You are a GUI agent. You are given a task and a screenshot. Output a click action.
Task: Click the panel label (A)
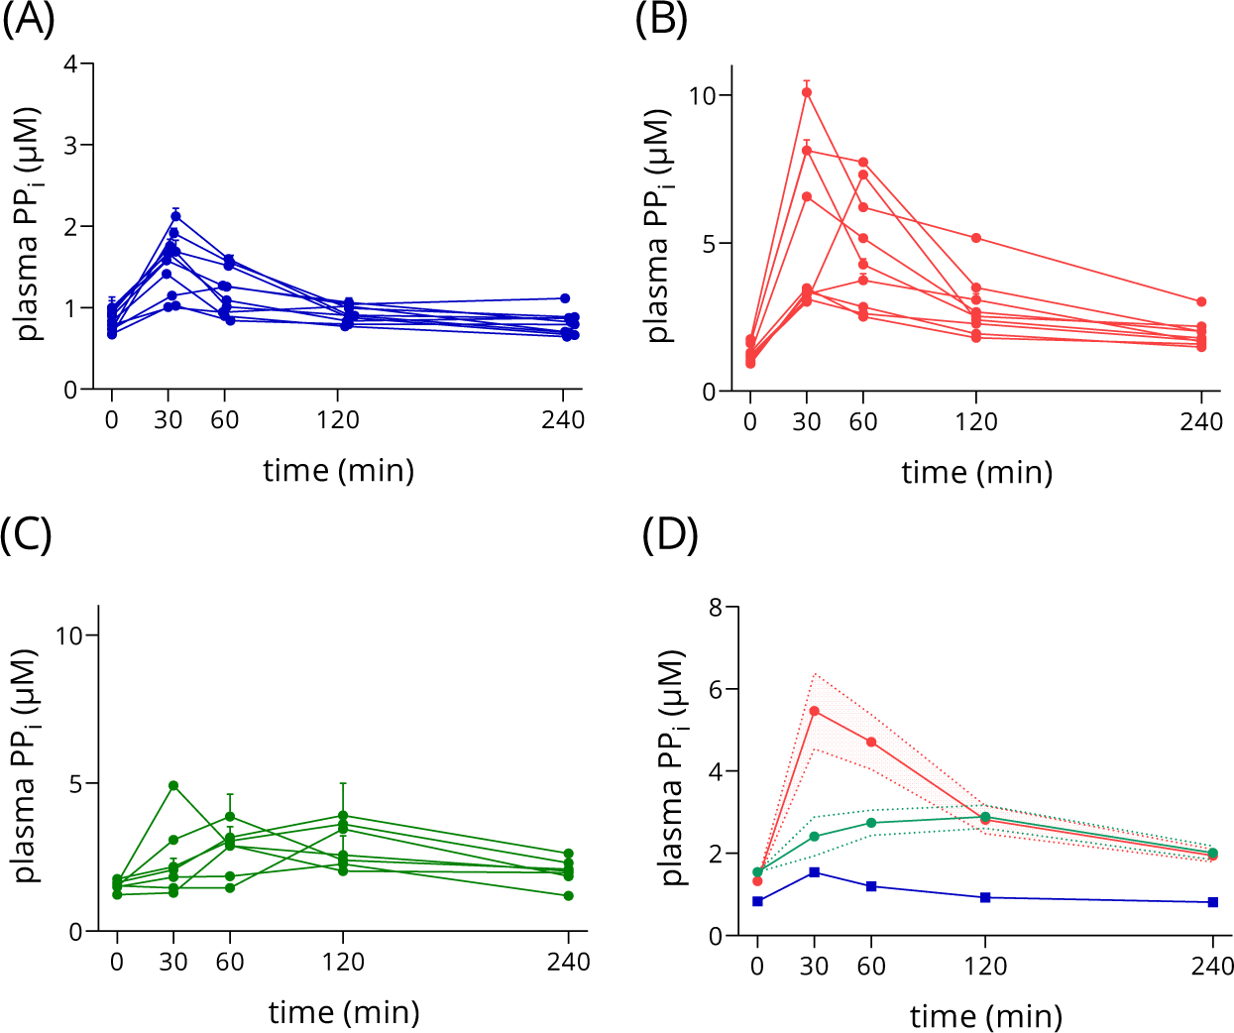click(28, 20)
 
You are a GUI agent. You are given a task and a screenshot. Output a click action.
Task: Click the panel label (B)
click(661, 20)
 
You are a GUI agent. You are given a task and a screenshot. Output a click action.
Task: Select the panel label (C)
click(27, 535)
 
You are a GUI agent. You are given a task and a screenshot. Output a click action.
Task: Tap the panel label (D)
click(670, 535)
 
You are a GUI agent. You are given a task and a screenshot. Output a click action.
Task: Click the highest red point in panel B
click(807, 93)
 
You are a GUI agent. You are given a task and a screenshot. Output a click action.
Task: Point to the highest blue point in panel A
click(175, 216)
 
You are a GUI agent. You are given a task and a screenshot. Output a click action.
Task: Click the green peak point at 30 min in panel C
click(173, 785)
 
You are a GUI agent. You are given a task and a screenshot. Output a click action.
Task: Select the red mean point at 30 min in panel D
click(815, 711)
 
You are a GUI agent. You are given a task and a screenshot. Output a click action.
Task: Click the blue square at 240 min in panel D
click(1213, 902)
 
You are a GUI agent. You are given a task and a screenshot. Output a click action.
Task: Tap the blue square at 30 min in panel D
click(815, 871)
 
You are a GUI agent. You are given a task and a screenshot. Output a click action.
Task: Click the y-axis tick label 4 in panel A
click(70, 64)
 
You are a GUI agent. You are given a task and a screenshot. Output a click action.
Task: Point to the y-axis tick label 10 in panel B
click(703, 95)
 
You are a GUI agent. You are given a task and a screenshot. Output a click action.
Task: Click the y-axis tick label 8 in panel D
click(716, 607)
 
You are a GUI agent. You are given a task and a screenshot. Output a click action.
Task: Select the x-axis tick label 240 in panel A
click(563, 420)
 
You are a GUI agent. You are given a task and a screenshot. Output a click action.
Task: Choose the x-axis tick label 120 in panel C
click(343, 962)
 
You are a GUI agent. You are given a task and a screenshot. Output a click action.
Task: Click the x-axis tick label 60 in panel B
click(863, 422)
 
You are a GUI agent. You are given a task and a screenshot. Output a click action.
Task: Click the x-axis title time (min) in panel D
click(986, 1016)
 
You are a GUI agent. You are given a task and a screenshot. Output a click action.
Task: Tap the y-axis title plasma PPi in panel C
click(27, 765)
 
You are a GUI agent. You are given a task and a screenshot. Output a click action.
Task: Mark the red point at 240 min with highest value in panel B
click(1201, 301)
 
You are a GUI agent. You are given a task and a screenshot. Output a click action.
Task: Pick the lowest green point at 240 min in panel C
click(569, 896)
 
